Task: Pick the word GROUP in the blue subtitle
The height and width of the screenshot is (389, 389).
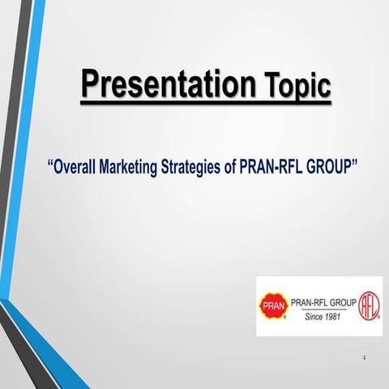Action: [333, 168]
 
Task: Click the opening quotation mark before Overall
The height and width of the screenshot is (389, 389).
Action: [51, 165]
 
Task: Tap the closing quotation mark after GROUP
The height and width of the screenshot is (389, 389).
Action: [357, 165]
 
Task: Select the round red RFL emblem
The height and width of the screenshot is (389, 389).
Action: [370, 306]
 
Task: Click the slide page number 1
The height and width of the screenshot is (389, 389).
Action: [365, 357]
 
